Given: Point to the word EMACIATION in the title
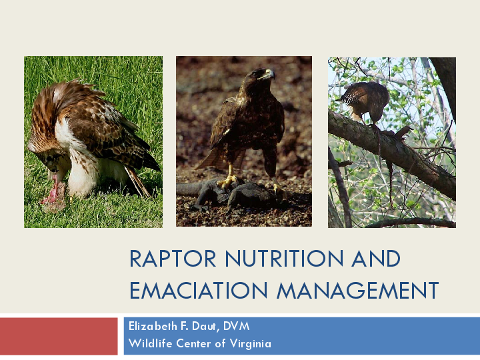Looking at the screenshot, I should pos(199,291).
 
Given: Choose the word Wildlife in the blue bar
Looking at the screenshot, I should pos(148,344).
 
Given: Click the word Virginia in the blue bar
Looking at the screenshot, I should pos(247,344).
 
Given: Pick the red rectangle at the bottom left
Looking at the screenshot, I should pos(59,337).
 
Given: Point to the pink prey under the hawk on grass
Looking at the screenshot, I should pos(53,194).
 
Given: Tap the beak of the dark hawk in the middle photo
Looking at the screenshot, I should pos(269,75).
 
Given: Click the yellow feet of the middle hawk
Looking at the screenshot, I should pos(230,179).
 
